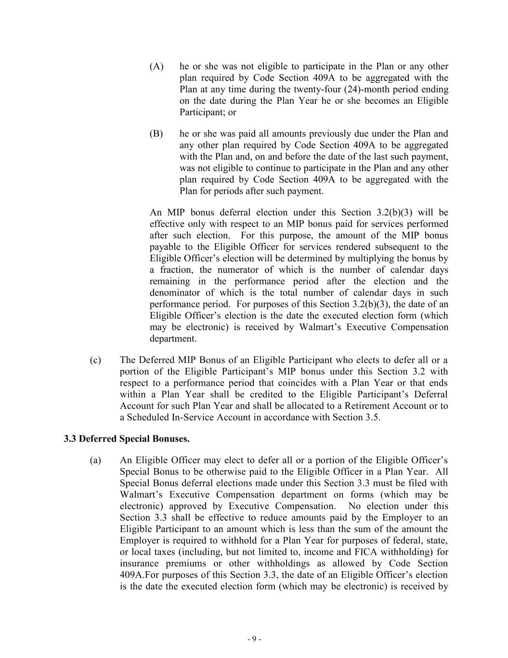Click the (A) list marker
pyautogui.click(x=156, y=67)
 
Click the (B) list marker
pyautogui.click(x=156, y=134)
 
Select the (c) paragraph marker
pyautogui.click(x=95, y=360)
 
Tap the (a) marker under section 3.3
pyautogui.click(x=95, y=460)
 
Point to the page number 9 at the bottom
pyautogui.click(x=254, y=639)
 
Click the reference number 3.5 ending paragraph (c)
pyautogui.click(x=372, y=417)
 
